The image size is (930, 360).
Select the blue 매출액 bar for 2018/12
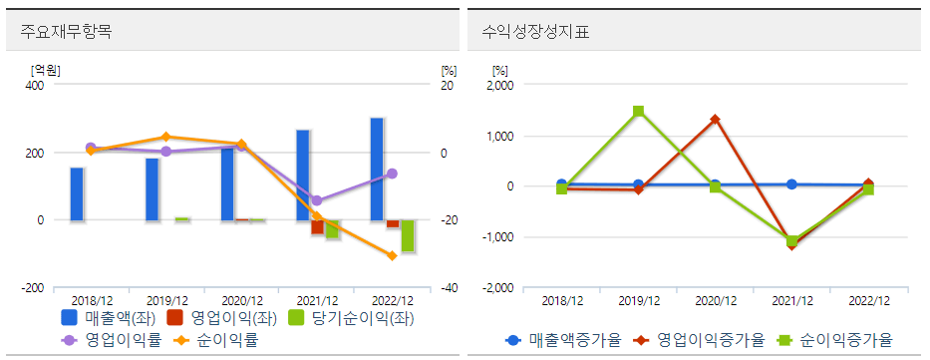coord(77,193)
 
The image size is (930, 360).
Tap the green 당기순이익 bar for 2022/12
coord(408,235)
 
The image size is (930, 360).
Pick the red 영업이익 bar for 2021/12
coord(317,227)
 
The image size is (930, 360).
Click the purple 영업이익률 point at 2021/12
coord(317,201)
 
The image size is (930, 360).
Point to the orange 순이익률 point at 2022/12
coord(392,256)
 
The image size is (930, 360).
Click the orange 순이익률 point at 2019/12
coord(166,137)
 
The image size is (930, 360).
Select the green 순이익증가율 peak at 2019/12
coord(639,112)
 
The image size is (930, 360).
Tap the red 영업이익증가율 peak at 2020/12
coord(715,120)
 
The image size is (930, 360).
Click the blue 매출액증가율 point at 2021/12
coord(791,184)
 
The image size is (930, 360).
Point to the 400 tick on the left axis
coord(34,86)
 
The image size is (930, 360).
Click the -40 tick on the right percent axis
coord(449,288)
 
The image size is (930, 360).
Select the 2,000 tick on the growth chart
coord(497,86)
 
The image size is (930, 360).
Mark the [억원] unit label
coord(46,70)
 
